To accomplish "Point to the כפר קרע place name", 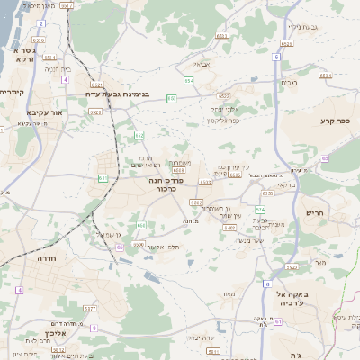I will (x=338, y=120).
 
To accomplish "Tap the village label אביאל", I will (x=201, y=65).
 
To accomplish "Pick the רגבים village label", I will (x=289, y=82).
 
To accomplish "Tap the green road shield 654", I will (x=189, y=81).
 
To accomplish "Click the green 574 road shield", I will (x=260, y=208).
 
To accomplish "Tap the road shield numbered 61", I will (x=103, y=178).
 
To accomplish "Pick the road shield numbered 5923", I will (x=95, y=112).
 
